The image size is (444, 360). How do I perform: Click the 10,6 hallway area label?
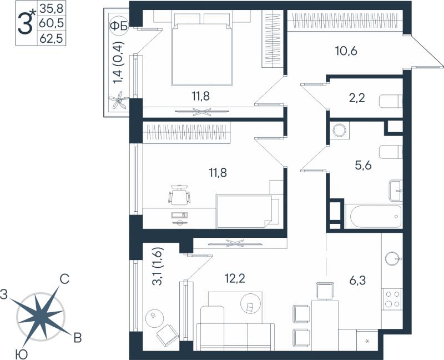pos(346,51)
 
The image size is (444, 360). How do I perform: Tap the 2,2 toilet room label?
pos(357,98)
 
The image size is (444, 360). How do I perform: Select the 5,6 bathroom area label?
pos(364,165)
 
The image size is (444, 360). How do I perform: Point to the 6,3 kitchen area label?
pos(357,281)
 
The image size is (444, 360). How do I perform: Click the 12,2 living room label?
pos(235,279)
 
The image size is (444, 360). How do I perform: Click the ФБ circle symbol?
pos(119,26)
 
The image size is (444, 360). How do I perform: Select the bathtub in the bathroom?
pos(373,216)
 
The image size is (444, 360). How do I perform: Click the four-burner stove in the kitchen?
pos(392,299)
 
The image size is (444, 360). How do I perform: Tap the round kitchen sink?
pos(392,258)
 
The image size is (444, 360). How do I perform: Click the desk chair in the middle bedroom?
pos(179,196)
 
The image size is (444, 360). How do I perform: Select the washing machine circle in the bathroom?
pos(340,131)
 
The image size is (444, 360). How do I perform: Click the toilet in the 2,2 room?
pos(391,101)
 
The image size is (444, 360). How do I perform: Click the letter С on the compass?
pos(64,279)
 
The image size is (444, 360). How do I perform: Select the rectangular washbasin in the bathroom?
pos(396,190)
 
